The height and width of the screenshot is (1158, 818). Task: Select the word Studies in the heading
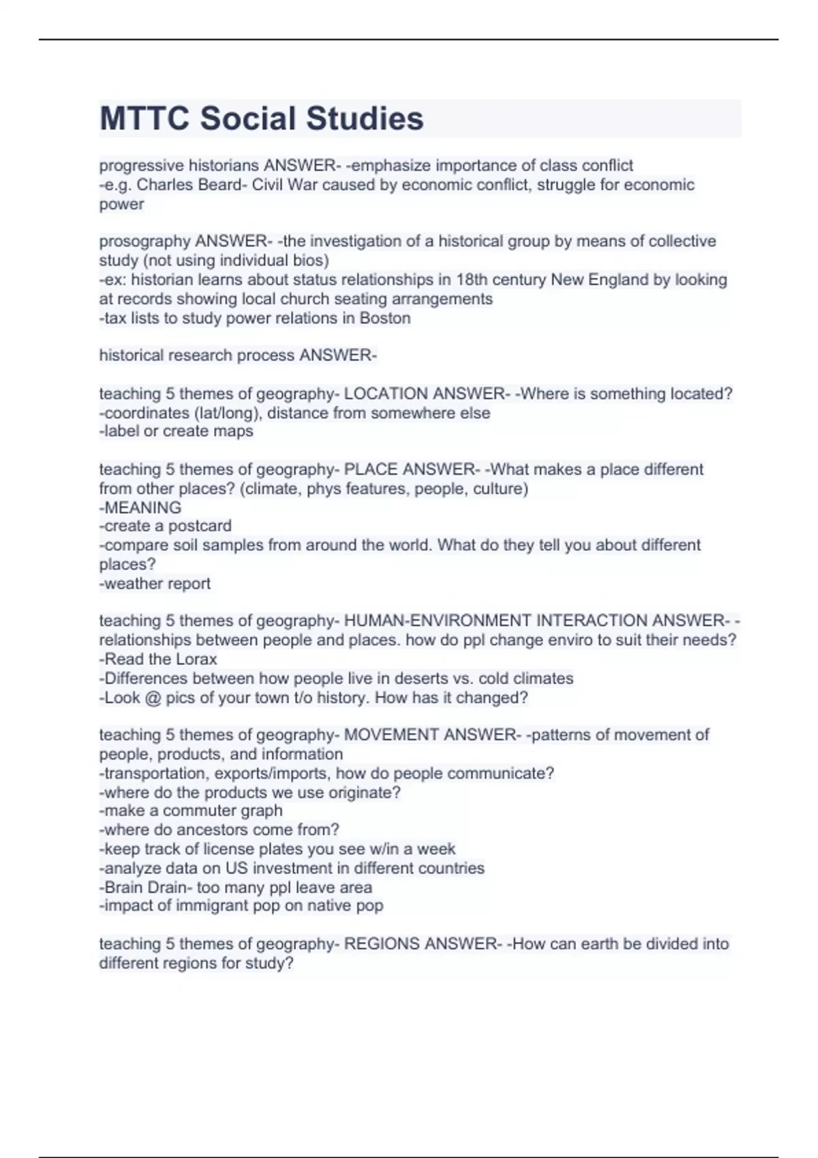(x=364, y=119)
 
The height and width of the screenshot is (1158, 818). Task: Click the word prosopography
(x=145, y=241)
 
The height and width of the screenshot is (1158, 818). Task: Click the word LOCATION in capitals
(x=386, y=394)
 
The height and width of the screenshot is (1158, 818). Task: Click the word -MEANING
(x=140, y=507)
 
